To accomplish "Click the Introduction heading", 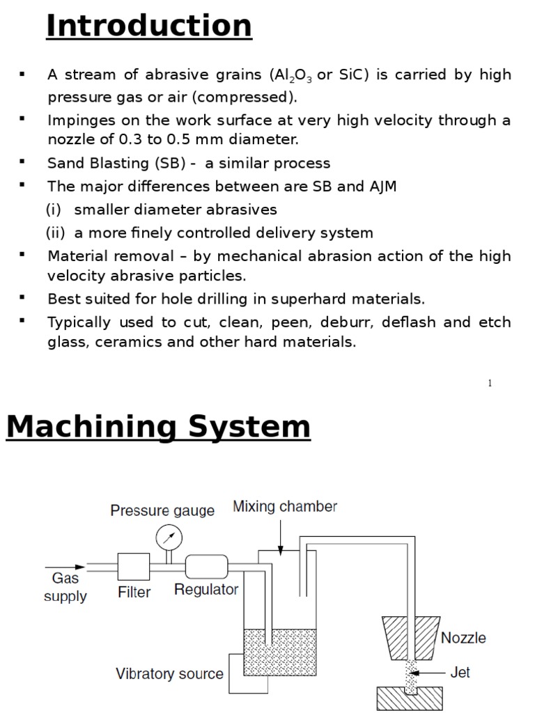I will point(148,26).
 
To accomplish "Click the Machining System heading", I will point(158,426).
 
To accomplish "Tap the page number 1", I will point(490,384).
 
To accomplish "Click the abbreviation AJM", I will point(380,187).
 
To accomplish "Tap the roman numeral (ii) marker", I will point(56,233).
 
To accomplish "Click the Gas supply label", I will point(65,587).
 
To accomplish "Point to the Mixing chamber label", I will point(285,506).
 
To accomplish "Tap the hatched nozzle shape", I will point(409,638).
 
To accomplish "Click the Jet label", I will point(460,672).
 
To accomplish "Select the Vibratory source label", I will point(169,673).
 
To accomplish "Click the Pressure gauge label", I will point(162,510).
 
